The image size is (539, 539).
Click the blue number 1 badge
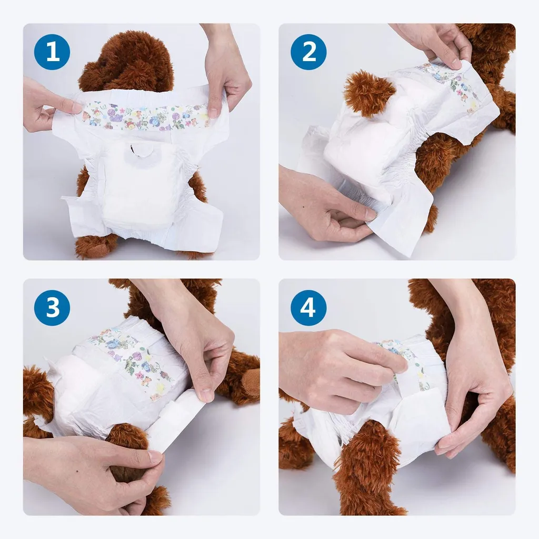point(53,52)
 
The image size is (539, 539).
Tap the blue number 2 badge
point(308,52)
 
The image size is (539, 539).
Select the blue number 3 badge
point(53,307)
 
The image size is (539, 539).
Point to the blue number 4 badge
point(308,307)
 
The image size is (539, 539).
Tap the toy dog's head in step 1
point(126,61)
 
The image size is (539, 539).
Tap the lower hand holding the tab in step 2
point(321,205)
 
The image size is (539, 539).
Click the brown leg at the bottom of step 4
point(363,474)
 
